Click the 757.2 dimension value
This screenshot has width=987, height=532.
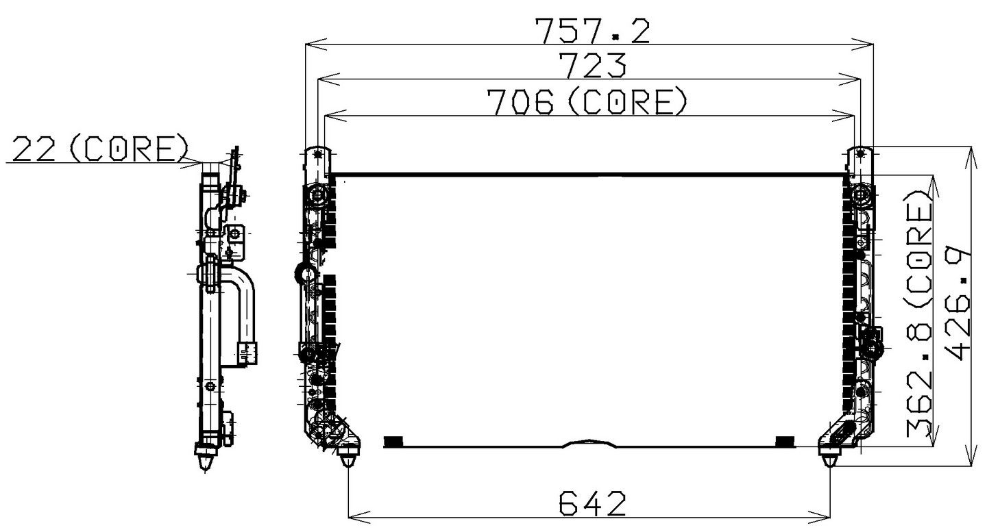pos(592,31)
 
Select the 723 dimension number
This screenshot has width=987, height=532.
pos(594,66)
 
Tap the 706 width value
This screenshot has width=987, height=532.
pos(520,102)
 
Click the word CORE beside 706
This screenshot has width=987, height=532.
pos(627,102)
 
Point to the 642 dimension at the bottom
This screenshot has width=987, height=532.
pos(592,503)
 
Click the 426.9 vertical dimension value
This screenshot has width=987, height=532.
pos(959,303)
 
